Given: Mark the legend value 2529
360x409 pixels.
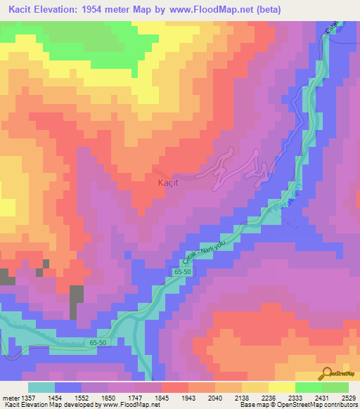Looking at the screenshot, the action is [342, 397].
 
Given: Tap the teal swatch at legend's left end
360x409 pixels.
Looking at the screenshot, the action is [41, 387].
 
